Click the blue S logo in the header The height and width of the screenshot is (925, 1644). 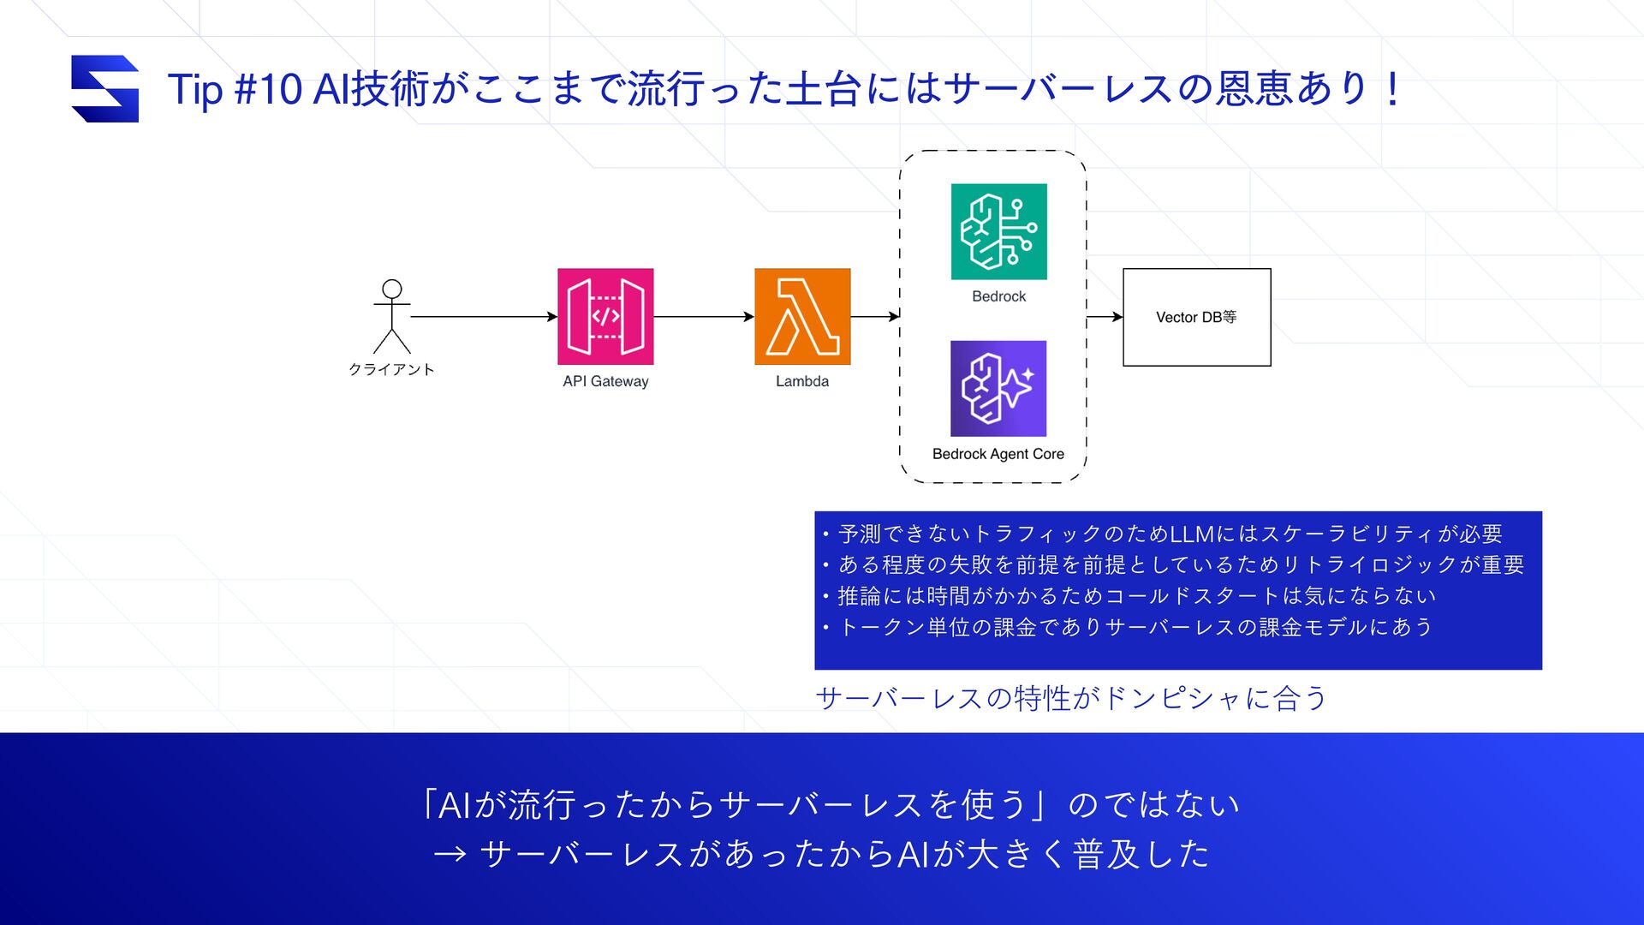click(104, 89)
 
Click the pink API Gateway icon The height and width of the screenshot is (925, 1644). click(605, 316)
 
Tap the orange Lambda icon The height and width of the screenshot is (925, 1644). click(802, 316)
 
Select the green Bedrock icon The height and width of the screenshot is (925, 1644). click(998, 231)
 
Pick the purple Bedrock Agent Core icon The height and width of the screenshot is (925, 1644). click(998, 389)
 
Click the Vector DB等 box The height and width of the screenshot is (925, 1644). click(1196, 317)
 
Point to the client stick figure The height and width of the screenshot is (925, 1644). click(392, 316)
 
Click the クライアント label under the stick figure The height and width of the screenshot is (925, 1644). click(391, 369)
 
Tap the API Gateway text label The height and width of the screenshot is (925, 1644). click(605, 381)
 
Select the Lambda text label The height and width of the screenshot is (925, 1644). click(802, 381)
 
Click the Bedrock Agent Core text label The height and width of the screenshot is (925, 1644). click(998, 454)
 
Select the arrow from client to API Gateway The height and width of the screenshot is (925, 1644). click(484, 317)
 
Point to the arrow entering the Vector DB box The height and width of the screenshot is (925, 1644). click(1105, 317)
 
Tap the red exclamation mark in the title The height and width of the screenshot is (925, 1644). click(1393, 89)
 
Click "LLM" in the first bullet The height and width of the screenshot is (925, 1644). click(1192, 534)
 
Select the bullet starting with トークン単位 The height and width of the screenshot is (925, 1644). click(1135, 627)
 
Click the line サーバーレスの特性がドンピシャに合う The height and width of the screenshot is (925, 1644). click(1071, 699)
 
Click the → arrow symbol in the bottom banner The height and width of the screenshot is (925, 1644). click(450, 854)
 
